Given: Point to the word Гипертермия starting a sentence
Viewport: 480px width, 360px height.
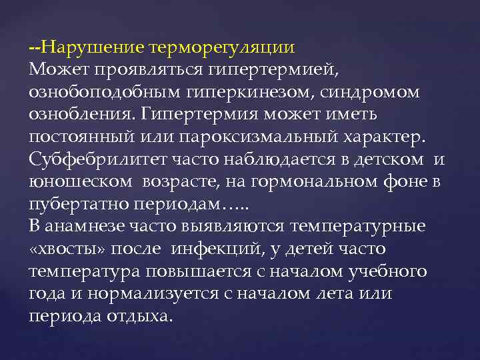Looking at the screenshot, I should tap(203, 114).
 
